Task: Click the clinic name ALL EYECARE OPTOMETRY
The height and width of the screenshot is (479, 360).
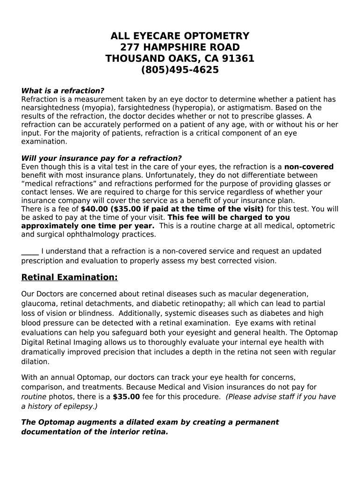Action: pyautogui.click(x=180, y=36)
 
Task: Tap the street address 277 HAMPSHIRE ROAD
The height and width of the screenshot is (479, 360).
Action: pyautogui.click(x=180, y=48)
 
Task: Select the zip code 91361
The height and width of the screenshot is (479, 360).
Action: pyautogui.click(x=238, y=59)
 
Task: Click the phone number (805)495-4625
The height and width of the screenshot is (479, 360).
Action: pyautogui.click(x=180, y=70)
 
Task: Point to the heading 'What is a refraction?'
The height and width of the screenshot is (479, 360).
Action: pyautogui.click(x=63, y=91)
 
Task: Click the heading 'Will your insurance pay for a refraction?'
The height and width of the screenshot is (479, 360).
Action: pyautogui.click(x=101, y=158)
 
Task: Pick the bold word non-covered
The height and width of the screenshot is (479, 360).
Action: pyautogui.click(x=309, y=167)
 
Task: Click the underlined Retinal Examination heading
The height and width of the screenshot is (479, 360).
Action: pyautogui.click(x=70, y=278)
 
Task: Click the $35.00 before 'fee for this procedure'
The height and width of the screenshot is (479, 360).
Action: pyautogui.click(x=126, y=397)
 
